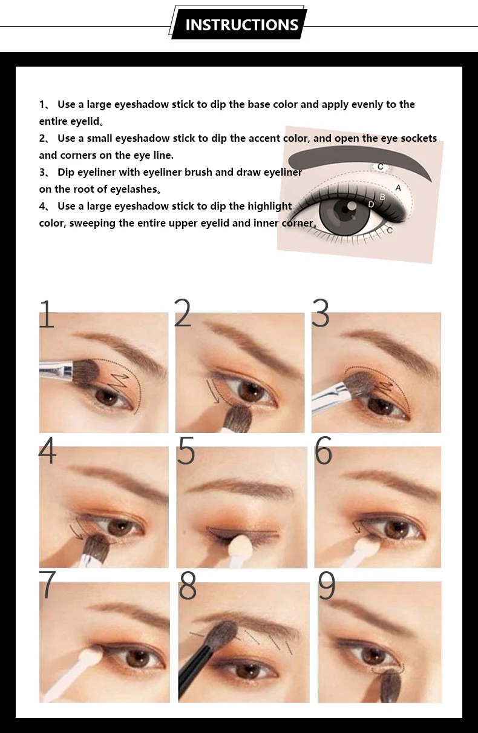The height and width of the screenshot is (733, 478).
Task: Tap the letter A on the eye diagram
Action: pyautogui.click(x=398, y=188)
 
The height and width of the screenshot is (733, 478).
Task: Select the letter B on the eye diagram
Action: pyautogui.click(x=382, y=197)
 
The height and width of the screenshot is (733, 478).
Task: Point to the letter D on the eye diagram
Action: pyautogui.click(x=371, y=205)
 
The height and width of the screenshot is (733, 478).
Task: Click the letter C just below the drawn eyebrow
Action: pyautogui.click(x=380, y=167)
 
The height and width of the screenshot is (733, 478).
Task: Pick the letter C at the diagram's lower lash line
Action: pyautogui.click(x=390, y=230)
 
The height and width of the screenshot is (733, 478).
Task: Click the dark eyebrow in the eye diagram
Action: pyautogui.click(x=359, y=159)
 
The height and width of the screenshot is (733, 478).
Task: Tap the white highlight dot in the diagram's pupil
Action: pyautogui.click(x=351, y=206)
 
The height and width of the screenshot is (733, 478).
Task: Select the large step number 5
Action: pyautogui.click(x=186, y=450)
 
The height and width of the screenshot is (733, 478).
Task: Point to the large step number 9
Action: pyautogui.click(x=327, y=585)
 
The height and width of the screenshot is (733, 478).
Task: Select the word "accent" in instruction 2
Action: pyautogui.click(x=263, y=138)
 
